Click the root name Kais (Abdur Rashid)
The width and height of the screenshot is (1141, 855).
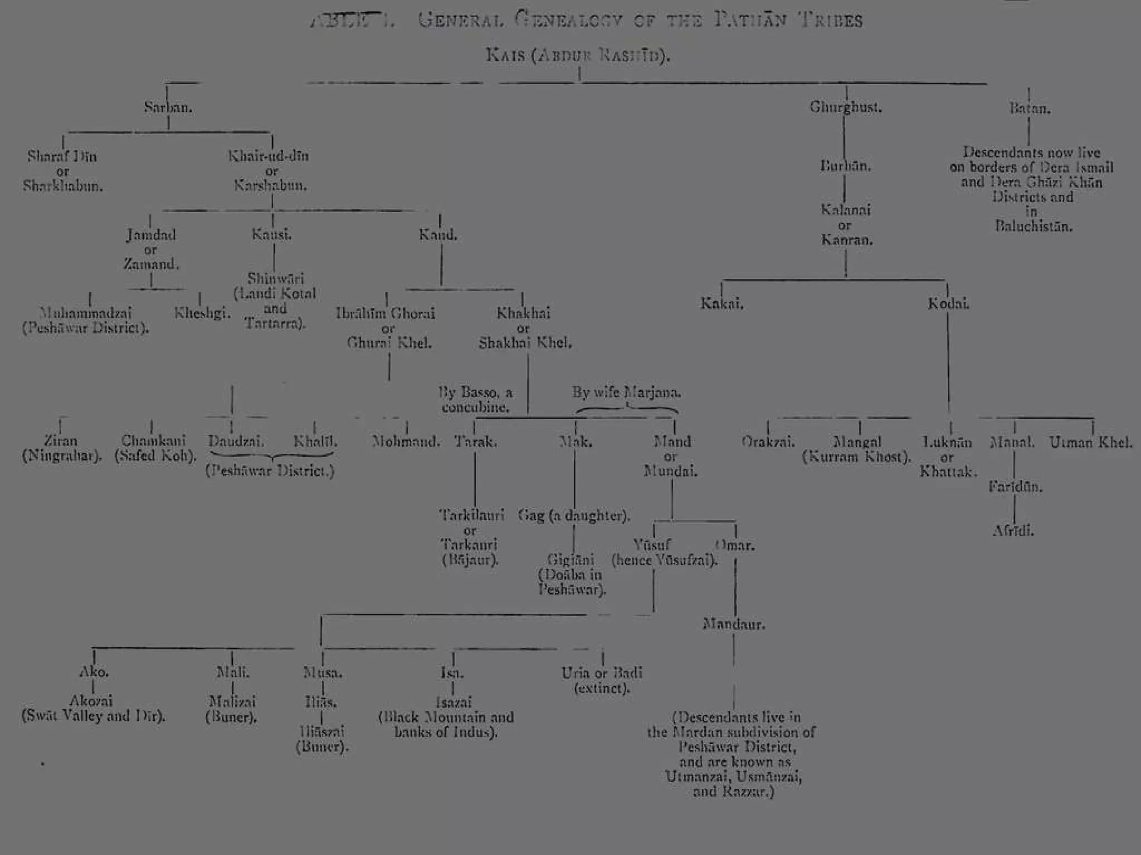(578, 56)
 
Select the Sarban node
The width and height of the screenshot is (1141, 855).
(168, 107)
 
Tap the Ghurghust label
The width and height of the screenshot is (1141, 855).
(846, 107)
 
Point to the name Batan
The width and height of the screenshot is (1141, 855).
(1030, 109)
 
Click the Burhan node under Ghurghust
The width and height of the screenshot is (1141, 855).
(845, 166)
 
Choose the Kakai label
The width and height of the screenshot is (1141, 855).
(722, 304)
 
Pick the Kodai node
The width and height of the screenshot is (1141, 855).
(948, 304)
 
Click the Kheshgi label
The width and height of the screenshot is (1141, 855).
(202, 313)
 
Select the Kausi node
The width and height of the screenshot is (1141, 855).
(271, 234)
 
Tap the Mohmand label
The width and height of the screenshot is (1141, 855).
(406, 442)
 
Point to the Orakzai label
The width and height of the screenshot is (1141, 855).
(768, 443)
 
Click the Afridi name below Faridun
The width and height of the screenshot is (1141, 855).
(1013, 531)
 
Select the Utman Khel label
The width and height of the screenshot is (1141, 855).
(1090, 443)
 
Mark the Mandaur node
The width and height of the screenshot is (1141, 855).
(734, 625)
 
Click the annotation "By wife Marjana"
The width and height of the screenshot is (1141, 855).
(626, 392)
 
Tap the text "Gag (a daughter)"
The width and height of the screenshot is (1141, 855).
(574, 515)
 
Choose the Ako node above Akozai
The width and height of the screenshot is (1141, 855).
(94, 672)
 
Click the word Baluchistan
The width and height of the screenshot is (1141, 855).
(1033, 227)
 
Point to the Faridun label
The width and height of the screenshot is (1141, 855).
(1015, 487)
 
